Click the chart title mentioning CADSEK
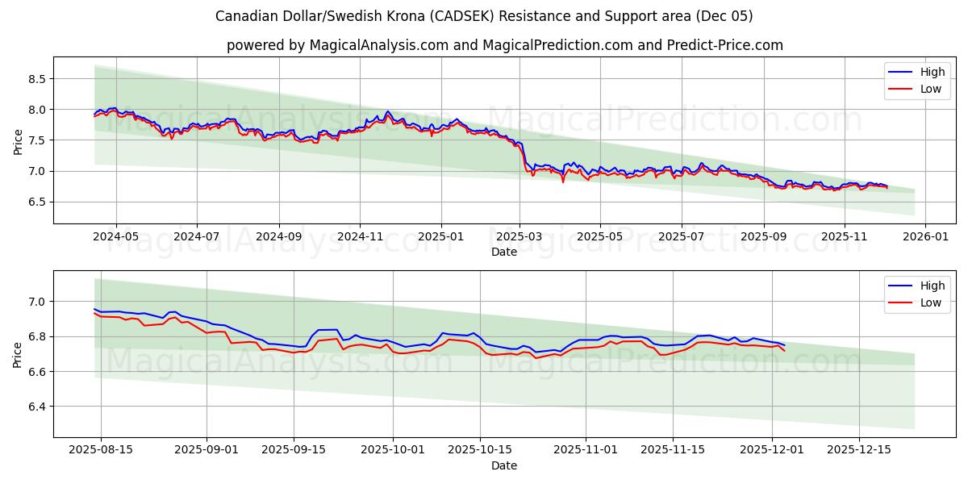(x=484, y=16)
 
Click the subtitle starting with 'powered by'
(x=504, y=45)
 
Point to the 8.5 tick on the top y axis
(x=37, y=79)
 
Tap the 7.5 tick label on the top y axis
(x=37, y=140)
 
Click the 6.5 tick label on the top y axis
(x=37, y=202)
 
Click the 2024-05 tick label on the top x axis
(x=116, y=237)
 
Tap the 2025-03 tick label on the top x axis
(x=519, y=237)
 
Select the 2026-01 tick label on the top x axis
(x=924, y=237)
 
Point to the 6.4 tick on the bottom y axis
(x=37, y=407)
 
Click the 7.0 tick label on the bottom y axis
(x=37, y=302)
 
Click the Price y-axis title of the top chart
(x=18, y=140)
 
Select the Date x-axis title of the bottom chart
(x=504, y=465)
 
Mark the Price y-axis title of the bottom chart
(x=18, y=354)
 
